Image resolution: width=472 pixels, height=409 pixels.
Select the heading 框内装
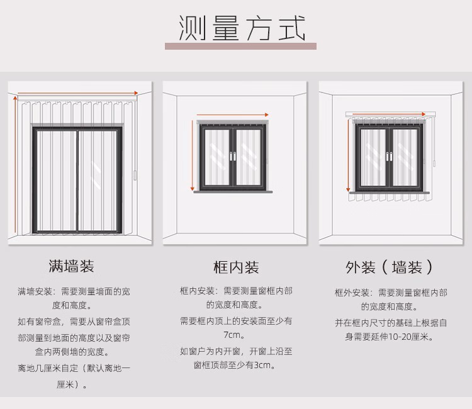pyautogui.click(x=236, y=267)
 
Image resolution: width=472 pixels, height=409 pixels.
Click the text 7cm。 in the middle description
pyautogui.click(x=235, y=335)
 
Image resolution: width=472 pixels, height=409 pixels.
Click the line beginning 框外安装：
pyautogui.click(x=391, y=293)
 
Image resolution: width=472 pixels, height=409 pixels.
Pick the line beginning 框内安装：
pyautogui.click(x=235, y=291)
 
